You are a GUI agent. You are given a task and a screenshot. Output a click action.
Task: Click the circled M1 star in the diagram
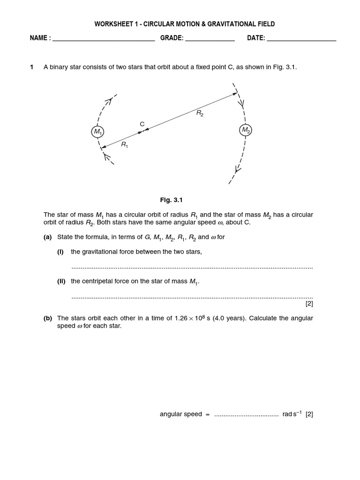tap(97, 132)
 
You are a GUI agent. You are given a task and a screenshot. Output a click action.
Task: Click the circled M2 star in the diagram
tap(246, 130)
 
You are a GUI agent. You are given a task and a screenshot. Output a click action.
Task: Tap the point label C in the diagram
tap(142, 124)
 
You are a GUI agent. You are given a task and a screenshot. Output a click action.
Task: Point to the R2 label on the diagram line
tap(200, 113)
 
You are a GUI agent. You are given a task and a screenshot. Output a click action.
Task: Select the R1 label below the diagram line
tap(124, 145)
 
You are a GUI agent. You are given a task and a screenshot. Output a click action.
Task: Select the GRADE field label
tap(172, 38)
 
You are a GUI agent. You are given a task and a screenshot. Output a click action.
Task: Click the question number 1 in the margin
tap(32, 67)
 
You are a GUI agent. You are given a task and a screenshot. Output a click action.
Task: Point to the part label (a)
tap(48, 237)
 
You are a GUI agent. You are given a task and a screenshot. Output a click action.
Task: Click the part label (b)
tap(48, 318)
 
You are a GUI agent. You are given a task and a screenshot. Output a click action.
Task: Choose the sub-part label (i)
tap(60, 252)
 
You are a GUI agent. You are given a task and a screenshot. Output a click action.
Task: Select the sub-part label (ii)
tap(60, 281)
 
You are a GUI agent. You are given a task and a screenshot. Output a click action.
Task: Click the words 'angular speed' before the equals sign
tap(181, 414)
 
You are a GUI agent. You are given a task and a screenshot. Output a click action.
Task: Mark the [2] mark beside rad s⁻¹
tap(309, 414)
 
